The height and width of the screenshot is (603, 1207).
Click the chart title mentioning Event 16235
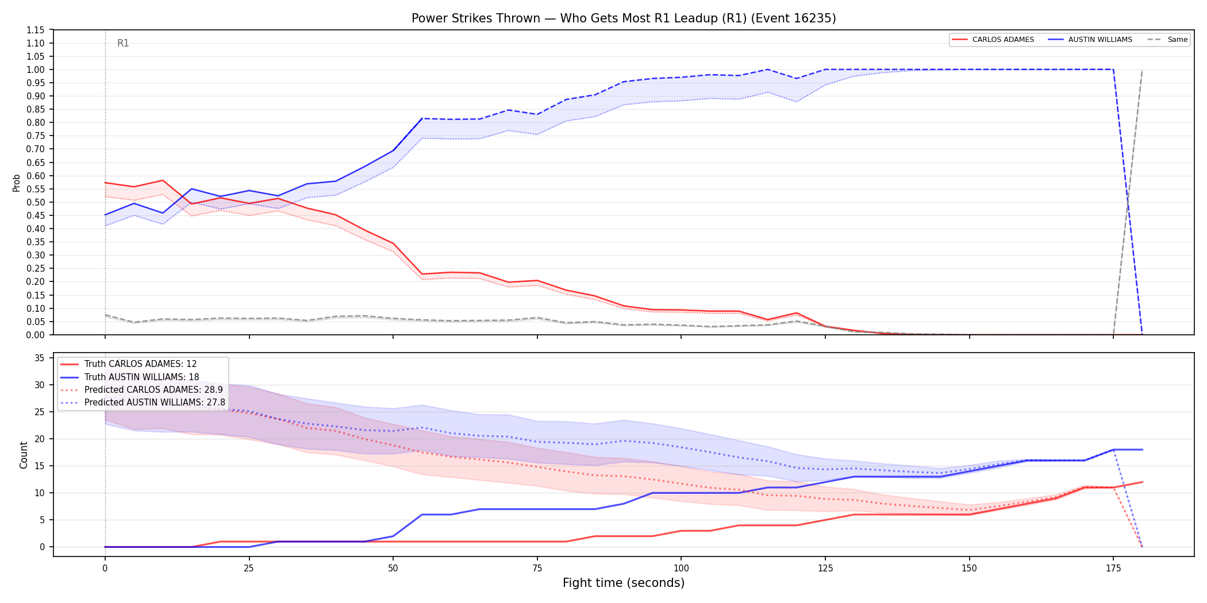pyautogui.click(x=624, y=18)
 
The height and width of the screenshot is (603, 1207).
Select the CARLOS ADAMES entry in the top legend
pyautogui.click(x=993, y=40)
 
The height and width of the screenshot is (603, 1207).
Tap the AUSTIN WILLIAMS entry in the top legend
pyautogui.click(x=1090, y=40)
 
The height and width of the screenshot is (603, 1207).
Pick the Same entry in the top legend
pyautogui.click(x=1167, y=40)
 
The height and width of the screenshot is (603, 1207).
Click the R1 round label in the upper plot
pyautogui.click(x=123, y=43)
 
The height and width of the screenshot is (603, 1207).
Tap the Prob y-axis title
pyautogui.click(x=17, y=183)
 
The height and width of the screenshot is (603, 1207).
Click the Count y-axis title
pyautogui.click(x=24, y=455)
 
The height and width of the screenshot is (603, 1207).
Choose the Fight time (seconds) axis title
pyautogui.click(x=624, y=583)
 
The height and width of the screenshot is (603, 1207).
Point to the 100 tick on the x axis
pyautogui.click(x=681, y=569)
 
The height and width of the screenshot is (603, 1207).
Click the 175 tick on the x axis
pyautogui.click(x=1113, y=569)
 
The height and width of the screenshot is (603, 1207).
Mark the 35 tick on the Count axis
pyautogui.click(x=40, y=358)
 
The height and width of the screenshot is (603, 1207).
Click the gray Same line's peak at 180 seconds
pyautogui.click(x=1142, y=70)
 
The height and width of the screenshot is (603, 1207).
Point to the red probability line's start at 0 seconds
pyautogui.click(x=105, y=183)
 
